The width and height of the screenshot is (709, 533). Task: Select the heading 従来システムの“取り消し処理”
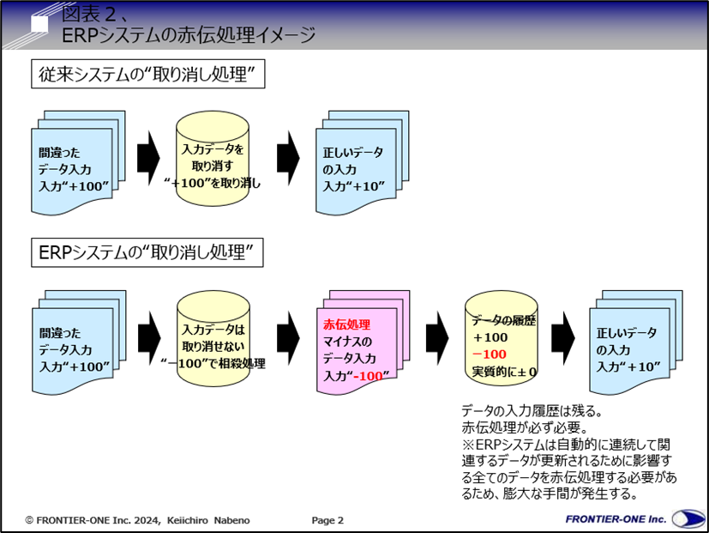click(x=147, y=76)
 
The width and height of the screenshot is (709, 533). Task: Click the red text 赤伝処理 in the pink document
click(x=346, y=324)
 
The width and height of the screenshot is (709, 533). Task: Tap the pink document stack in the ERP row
click(x=357, y=343)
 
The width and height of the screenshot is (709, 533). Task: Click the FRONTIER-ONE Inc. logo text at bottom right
click(x=616, y=519)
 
